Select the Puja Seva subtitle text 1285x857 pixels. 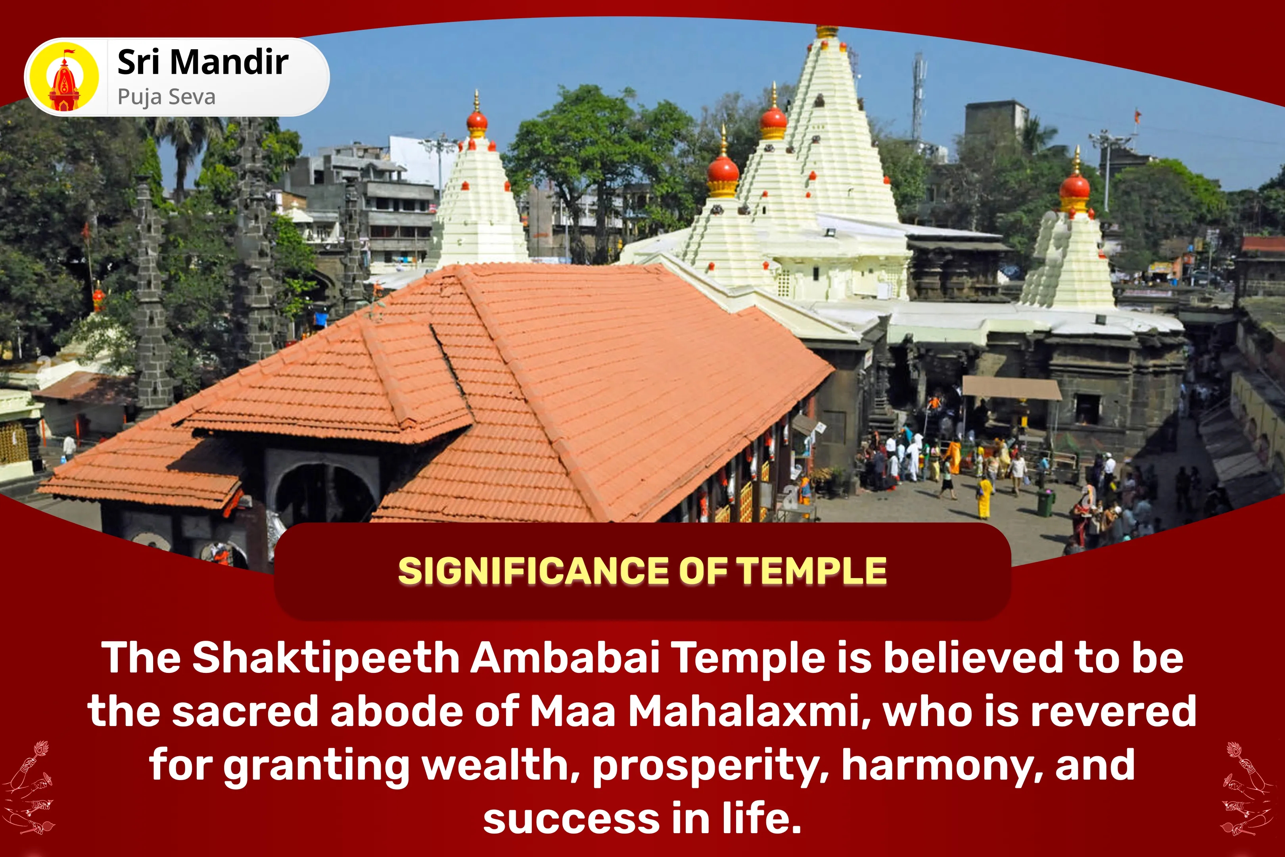[x=167, y=97]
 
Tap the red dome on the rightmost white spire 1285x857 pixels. [x=1075, y=186]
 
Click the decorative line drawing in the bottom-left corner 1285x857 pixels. [x=29, y=787]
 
